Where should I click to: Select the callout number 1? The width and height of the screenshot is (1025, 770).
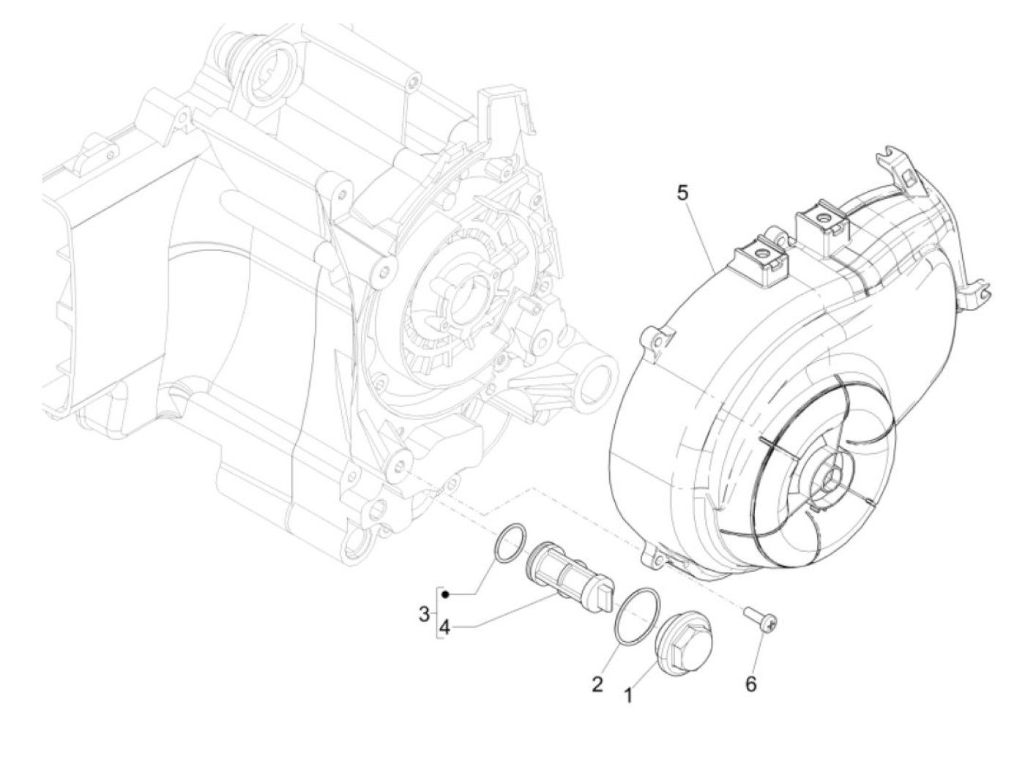(x=627, y=693)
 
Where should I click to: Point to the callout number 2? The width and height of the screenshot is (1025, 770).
(x=597, y=684)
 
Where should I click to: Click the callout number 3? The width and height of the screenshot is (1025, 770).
(x=424, y=614)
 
